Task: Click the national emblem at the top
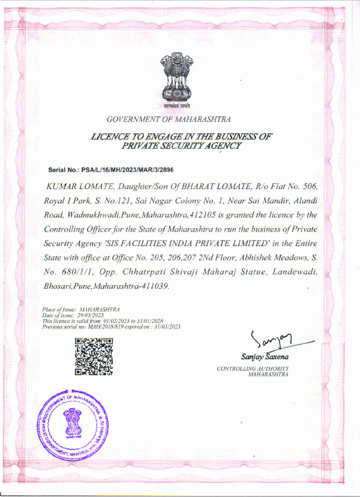pyautogui.click(x=176, y=78)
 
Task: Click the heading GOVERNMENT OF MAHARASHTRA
pyautogui.click(x=169, y=119)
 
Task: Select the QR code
pyautogui.click(x=94, y=356)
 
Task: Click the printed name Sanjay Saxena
pyautogui.click(x=262, y=357)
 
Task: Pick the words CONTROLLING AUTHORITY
pyautogui.click(x=253, y=368)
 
